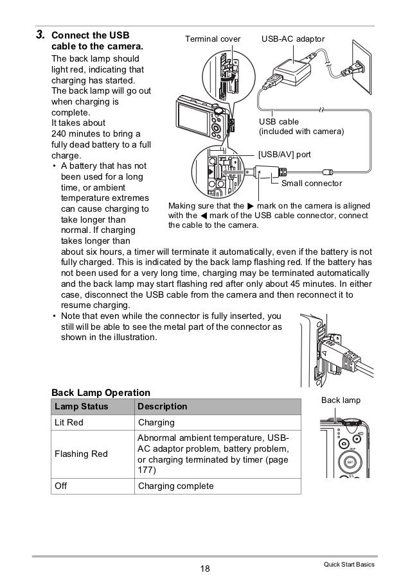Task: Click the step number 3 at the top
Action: coord(40,34)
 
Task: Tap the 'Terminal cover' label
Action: coord(212,39)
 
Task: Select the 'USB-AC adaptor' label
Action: coord(293,39)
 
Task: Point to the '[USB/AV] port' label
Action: coord(284,155)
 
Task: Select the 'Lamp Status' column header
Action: coord(82,407)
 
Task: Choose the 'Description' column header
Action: coord(163,407)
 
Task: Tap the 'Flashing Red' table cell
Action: coord(81,454)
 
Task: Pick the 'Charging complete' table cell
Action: coord(175,486)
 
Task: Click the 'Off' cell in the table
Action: coord(61,486)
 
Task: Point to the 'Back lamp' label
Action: coord(341,400)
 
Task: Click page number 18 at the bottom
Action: coord(205,567)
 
